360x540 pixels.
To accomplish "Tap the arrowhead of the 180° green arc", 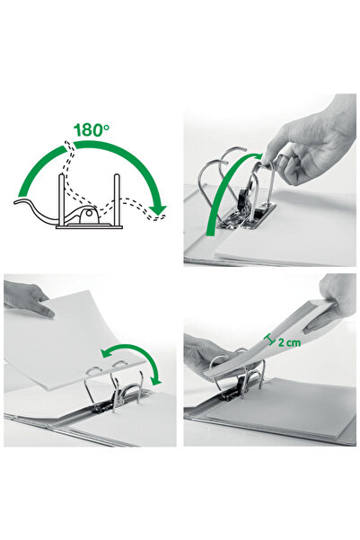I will tap(160, 210).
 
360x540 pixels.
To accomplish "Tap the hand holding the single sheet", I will tap(25, 297).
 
